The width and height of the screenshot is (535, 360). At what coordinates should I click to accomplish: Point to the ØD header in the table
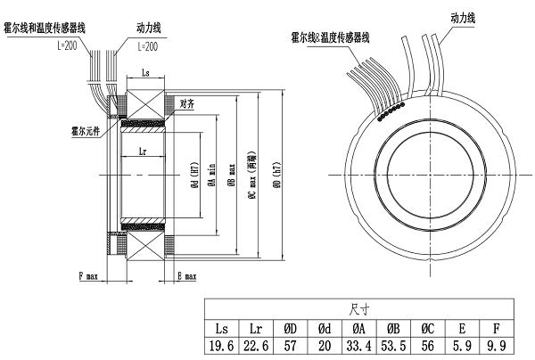pyautogui.click(x=293, y=325)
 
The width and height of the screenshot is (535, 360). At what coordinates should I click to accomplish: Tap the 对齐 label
pyautogui.click(x=187, y=102)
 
